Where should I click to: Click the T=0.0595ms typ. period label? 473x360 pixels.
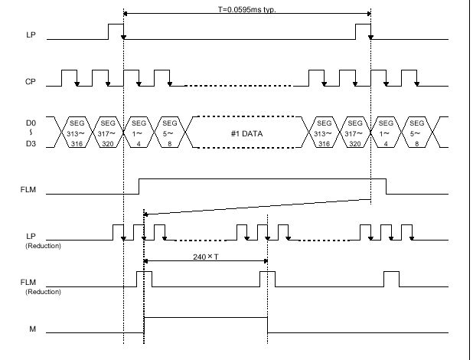pos(247,9)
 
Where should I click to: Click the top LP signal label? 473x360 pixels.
pos(31,34)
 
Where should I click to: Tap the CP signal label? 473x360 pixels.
pos(30,81)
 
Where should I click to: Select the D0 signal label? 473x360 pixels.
pos(31,123)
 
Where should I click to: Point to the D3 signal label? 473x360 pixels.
pos(31,144)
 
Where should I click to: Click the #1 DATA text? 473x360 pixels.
pos(246,133)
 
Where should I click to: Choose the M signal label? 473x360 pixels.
pos(32,329)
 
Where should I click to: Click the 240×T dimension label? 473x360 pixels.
pos(206,257)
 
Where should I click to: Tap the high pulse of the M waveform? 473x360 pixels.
pos(206,318)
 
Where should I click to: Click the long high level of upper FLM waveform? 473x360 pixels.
pos(263,179)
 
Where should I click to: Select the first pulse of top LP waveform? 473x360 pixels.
pos(116,25)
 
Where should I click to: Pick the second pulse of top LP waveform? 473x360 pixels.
pos(364,25)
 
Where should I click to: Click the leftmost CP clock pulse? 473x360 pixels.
pos(69,70)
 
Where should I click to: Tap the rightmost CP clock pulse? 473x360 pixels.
pos(409,70)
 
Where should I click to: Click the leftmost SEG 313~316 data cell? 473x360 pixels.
pos(77,133)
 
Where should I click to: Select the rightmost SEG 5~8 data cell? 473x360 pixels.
pos(416,133)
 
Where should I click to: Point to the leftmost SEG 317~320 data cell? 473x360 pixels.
pos(108,133)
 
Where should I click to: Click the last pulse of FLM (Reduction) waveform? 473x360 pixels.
pos(391,272)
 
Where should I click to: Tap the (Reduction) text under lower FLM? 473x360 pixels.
pos(43,292)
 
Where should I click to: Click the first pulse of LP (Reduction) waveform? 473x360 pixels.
pos(118,225)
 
